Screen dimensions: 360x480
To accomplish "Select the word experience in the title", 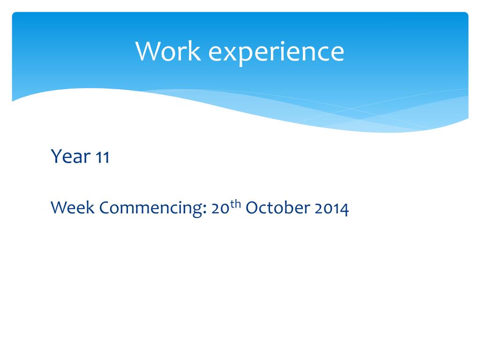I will coord(276,52).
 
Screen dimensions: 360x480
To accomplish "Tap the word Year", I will coord(70,156).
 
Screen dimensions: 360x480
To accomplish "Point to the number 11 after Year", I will coord(102,157).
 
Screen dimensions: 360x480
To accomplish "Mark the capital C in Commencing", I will coord(105,208).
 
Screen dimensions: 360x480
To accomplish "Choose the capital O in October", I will coord(251,208).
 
